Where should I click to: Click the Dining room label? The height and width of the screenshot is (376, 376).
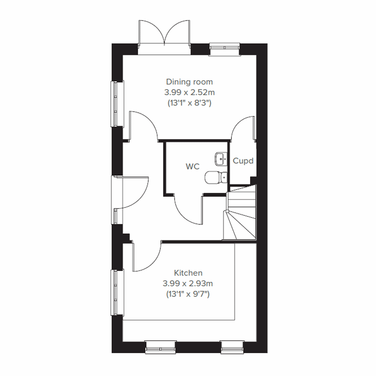click(189, 82)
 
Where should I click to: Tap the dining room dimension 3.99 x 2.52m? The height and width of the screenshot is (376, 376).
click(189, 92)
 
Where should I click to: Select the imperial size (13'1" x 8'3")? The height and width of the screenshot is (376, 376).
click(189, 103)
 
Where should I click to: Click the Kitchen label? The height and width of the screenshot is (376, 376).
click(188, 273)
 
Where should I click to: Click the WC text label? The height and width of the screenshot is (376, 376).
click(192, 166)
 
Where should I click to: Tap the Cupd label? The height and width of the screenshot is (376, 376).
click(243, 161)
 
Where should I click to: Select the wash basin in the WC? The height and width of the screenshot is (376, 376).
click(221, 159)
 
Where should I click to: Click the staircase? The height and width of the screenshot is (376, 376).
click(241, 213)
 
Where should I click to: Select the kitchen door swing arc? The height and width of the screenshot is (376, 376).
click(147, 257)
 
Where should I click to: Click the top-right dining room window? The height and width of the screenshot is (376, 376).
click(225, 47)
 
